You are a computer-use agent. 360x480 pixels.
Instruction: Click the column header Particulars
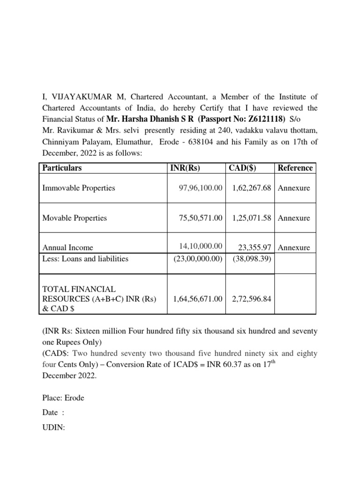point(62,168)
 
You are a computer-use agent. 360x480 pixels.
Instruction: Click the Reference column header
point(295,168)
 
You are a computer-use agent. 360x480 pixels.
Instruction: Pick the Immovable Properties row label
point(79,188)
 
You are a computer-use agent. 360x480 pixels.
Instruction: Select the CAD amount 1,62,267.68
point(251,188)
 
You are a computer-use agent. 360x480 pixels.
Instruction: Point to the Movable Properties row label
point(75,218)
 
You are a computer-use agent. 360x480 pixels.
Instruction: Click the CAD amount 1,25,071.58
point(251,218)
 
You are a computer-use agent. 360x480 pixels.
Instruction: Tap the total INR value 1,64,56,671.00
point(197,299)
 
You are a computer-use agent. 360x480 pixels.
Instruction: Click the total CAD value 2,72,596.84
point(251,299)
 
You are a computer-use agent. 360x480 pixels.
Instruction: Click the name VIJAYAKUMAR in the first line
point(79,97)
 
